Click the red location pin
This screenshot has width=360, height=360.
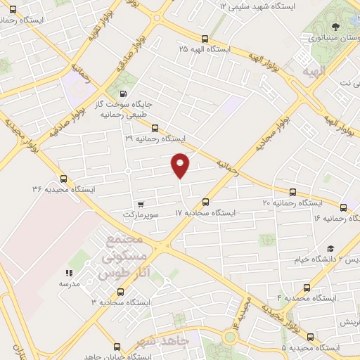(181, 165)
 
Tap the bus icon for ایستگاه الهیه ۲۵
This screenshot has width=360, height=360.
(204, 39)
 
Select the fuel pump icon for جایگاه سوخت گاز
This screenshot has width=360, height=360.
(124, 94)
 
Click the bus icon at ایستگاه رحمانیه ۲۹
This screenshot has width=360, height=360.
(155, 128)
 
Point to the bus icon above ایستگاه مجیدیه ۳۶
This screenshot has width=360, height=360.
(64, 179)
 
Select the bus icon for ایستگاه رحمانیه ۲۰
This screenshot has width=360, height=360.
(292, 192)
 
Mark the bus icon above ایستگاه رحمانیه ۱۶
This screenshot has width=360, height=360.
(343, 207)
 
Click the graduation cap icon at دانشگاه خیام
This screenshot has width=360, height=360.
(330, 249)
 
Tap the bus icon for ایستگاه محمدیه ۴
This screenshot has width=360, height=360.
(306, 287)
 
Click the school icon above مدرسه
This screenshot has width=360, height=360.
(69, 273)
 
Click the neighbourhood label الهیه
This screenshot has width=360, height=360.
(311, 72)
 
